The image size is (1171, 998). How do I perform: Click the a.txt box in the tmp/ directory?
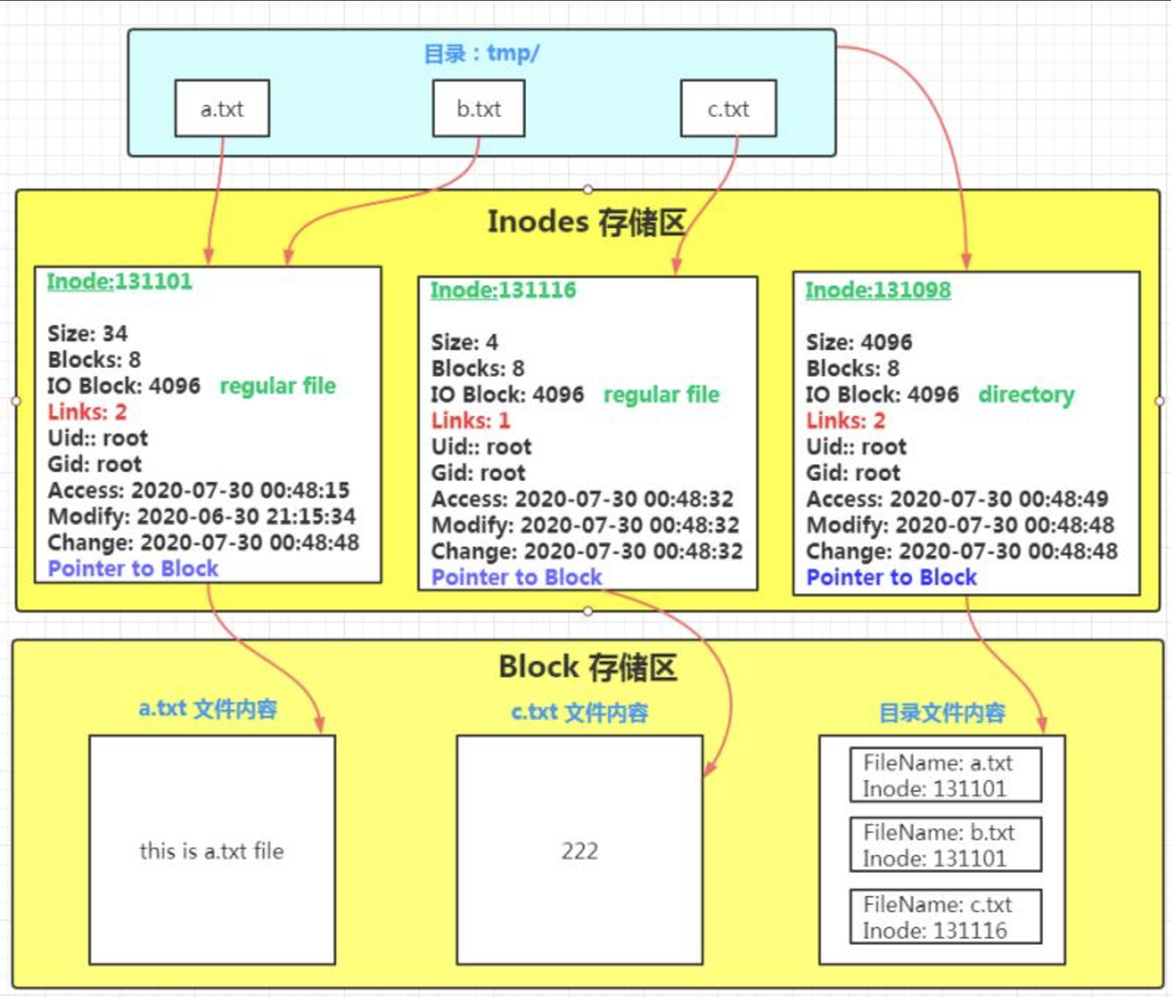point(222,109)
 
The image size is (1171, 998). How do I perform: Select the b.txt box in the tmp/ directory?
point(479,109)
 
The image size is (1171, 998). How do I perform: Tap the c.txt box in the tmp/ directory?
point(728,109)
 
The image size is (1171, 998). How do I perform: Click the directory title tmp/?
point(482,54)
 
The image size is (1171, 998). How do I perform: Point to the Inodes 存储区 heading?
point(587,222)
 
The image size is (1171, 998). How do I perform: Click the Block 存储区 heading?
point(587,668)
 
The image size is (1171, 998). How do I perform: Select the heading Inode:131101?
point(120,281)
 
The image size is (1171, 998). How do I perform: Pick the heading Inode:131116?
point(503,290)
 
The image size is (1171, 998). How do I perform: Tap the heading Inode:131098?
point(878,290)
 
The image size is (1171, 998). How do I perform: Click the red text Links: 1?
point(471,420)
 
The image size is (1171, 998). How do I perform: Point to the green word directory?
point(1026,395)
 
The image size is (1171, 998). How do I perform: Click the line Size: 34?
point(87,334)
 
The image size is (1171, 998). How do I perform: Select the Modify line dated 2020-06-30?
point(202,517)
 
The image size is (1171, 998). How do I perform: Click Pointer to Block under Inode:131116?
point(517,578)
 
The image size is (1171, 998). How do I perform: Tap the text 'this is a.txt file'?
point(211,851)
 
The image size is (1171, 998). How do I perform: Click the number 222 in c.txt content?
point(579,851)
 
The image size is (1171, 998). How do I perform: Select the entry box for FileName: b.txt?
point(945,845)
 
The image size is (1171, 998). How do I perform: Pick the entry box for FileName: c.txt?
point(945,917)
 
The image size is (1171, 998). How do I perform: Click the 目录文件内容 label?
point(942,713)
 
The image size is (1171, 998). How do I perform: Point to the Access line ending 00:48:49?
point(957,499)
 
